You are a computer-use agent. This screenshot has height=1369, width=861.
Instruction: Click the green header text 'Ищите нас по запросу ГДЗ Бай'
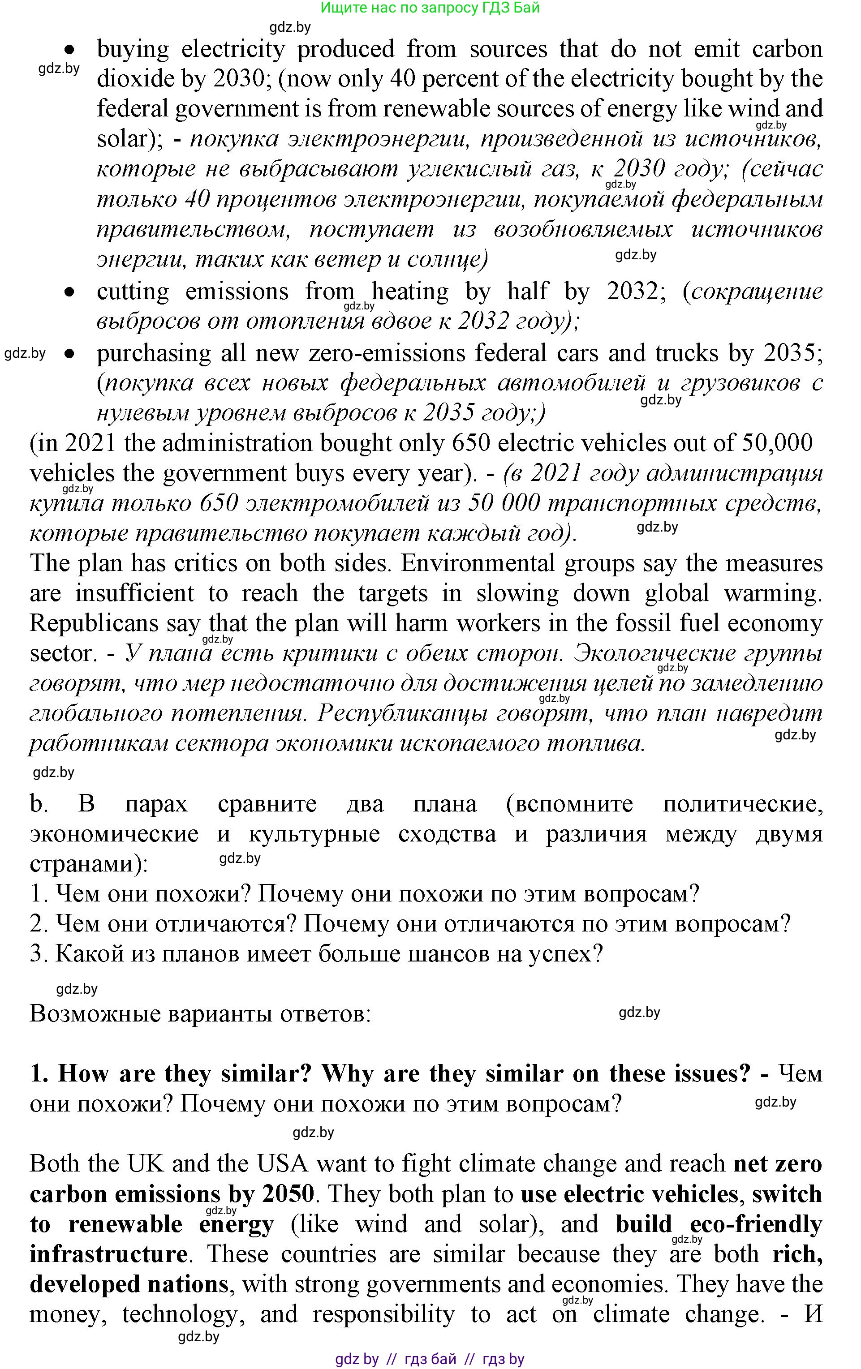(430, 8)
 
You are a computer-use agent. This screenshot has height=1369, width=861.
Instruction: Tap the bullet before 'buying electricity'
(69, 49)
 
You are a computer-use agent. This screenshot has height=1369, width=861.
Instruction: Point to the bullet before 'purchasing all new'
(69, 354)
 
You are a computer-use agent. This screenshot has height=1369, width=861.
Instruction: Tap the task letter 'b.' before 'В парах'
(39, 804)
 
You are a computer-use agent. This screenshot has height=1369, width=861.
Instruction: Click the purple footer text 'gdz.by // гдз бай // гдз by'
(430, 1359)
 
